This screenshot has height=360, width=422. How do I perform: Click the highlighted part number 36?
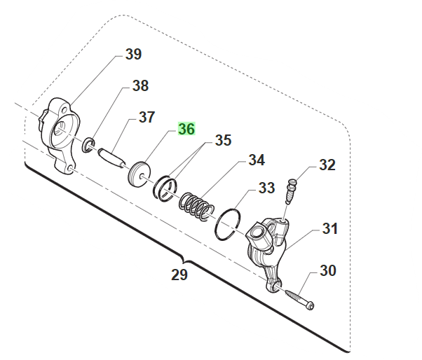(186, 129)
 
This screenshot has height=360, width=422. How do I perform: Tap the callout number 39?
(133, 54)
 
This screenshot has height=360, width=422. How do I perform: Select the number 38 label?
(140, 85)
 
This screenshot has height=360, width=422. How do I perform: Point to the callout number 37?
(147, 117)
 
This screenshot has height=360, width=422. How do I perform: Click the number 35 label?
(223, 140)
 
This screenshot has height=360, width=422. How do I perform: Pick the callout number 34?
(257, 160)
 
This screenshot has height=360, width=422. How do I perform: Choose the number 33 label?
(266, 188)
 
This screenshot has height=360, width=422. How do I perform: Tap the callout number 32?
(327, 165)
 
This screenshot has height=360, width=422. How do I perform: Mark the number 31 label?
(330, 228)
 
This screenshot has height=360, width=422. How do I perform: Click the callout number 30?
(328, 270)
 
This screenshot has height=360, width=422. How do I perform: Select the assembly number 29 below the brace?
(179, 275)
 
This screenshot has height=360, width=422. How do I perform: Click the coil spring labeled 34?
(197, 206)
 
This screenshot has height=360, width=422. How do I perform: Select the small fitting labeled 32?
(290, 191)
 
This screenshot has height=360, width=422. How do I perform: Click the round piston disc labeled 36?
(139, 174)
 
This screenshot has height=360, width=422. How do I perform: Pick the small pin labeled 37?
(112, 157)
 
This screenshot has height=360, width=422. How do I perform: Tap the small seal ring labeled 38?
(88, 145)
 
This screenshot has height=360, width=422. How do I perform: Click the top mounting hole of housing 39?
(64, 110)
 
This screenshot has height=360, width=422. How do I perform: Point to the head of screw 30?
(311, 306)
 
